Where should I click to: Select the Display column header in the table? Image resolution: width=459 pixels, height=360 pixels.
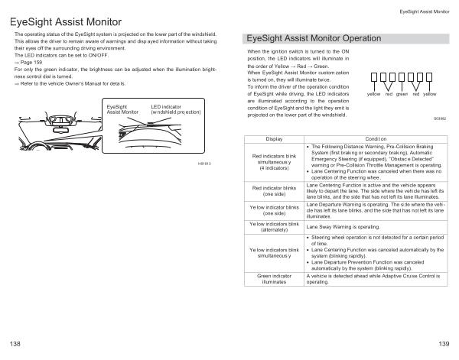(273, 138)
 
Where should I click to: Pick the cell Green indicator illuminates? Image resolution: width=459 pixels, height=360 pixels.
(274, 279)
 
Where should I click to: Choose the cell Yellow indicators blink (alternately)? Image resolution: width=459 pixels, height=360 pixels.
(274, 227)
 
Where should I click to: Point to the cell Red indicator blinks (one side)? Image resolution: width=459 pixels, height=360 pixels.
(274, 190)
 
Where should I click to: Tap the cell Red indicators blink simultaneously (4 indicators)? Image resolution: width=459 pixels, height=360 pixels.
(274, 162)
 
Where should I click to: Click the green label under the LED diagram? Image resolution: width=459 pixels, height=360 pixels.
(401, 94)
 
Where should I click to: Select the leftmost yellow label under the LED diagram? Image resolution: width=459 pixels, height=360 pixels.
(373, 94)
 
